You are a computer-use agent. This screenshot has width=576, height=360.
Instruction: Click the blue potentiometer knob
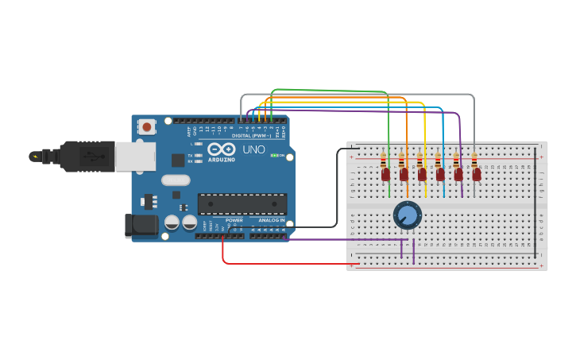tap(407, 215)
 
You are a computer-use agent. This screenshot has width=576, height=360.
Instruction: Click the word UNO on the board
tap(253, 149)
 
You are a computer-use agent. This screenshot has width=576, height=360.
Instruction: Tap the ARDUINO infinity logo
tap(220, 149)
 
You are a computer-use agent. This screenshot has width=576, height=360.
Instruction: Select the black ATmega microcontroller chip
tap(242, 203)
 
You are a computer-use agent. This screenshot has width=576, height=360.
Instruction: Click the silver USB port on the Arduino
tap(134, 157)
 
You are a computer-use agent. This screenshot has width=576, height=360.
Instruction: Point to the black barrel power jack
tap(141, 225)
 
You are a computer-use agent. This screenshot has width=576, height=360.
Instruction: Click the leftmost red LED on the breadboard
tap(385, 174)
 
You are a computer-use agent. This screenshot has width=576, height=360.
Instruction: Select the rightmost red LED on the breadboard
tap(476, 174)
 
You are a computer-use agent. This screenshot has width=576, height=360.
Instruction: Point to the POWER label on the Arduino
tap(234, 220)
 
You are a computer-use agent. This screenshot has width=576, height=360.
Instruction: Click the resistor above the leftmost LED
tap(385, 160)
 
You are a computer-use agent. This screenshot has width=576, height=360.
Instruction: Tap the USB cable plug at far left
tap(35, 157)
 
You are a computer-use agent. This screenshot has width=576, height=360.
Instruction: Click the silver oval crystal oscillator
tap(176, 180)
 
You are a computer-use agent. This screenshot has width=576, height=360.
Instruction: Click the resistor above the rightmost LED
tap(475, 160)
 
